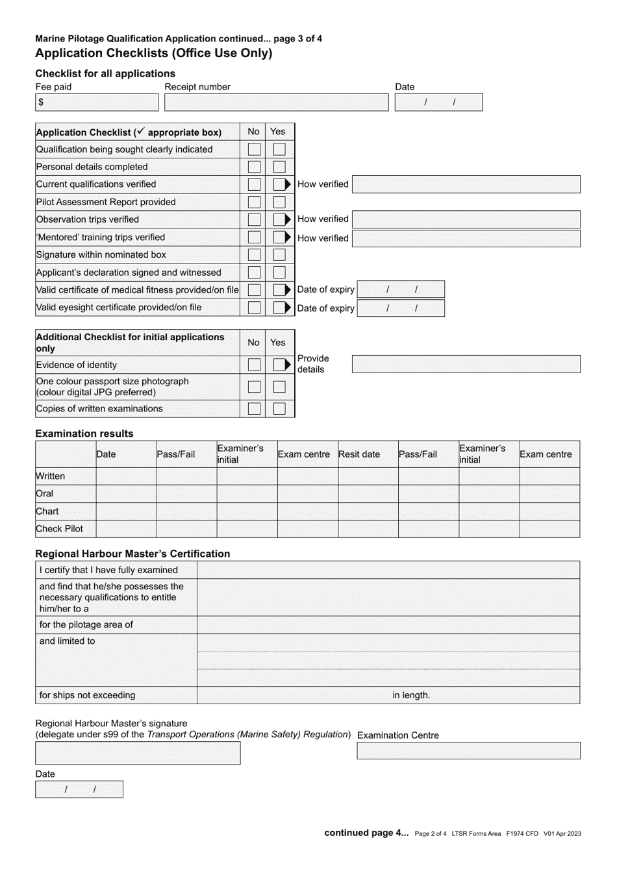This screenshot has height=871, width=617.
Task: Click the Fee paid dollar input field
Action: point(97,103)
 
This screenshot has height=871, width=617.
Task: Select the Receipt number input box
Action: point(276,103)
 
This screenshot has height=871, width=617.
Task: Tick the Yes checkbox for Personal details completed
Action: point(279,167)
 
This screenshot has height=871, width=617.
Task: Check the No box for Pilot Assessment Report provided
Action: point(255,202)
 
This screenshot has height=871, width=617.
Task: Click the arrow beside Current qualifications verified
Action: point(288,184)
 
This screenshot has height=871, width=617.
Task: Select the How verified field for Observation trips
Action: point(466,219)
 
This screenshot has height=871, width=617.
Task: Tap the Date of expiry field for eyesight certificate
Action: point(401,308)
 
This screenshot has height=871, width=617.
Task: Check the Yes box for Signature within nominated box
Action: point(279,255)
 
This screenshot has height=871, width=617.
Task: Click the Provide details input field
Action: point(466,364)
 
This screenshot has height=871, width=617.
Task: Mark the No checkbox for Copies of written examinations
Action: point(255,409)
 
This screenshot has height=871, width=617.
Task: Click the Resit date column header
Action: point(359,454)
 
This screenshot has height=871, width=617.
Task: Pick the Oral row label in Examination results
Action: point(45,493)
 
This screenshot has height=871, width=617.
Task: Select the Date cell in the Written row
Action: point(126,476)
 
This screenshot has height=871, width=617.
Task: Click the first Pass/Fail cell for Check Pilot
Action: point(186,529)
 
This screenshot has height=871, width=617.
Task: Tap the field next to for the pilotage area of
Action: point(388,625)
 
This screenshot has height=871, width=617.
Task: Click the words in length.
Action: point(411,695)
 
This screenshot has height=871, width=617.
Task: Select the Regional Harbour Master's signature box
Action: point(138,753)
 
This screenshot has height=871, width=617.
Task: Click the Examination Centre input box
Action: point(468,751)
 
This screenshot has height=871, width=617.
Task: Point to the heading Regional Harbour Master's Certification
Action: point(132,554)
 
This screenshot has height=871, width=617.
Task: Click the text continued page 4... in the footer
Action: point(366,833)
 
